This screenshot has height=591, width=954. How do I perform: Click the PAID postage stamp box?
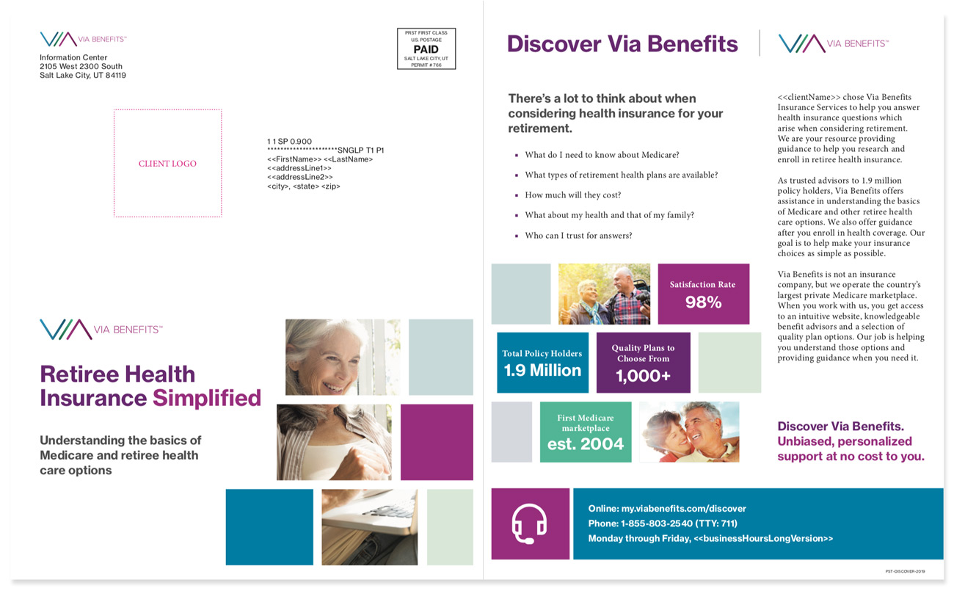point(426,48)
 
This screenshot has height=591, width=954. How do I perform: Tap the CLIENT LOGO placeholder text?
point(167,164)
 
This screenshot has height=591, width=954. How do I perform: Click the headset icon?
point(529,523)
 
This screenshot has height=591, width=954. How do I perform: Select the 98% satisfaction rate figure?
point(703,302)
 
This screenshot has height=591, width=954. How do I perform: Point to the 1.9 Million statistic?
point(542,370)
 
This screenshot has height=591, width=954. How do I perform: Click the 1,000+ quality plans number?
point(643,376)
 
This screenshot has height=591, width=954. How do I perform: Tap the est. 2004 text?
point(586,444)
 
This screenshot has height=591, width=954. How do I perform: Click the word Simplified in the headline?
point(206,398)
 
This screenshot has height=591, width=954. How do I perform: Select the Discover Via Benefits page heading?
point(622,44)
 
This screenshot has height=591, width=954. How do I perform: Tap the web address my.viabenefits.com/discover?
point(683,508)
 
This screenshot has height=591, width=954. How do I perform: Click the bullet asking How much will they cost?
point(573,195)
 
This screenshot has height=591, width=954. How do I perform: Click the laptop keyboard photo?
point(370,527)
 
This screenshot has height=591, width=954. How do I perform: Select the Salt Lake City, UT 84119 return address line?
point(83,76)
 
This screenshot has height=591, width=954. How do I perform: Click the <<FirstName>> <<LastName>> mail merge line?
point(320,159)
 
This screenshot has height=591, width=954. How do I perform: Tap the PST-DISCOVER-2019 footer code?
point(905,571)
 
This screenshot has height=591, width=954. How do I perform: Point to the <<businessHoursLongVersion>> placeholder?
point(763,539)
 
